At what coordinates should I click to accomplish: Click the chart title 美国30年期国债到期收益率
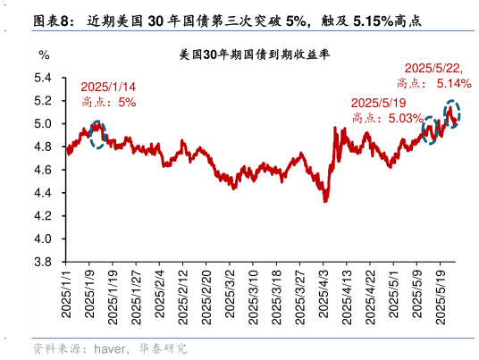[x=255, y=55]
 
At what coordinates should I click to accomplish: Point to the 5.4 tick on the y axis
[x=44, y=78]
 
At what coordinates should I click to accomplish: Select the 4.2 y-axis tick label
[x=44, y=216]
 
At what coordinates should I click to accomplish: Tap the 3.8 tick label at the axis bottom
[x=44, y=263]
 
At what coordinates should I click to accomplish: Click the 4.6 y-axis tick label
[x=44, y=170]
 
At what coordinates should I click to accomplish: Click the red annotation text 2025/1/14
[x=108, y=87]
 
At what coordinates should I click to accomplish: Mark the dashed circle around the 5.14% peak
[x=452, y=115]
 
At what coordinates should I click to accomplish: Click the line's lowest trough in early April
[x=325, y=200]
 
